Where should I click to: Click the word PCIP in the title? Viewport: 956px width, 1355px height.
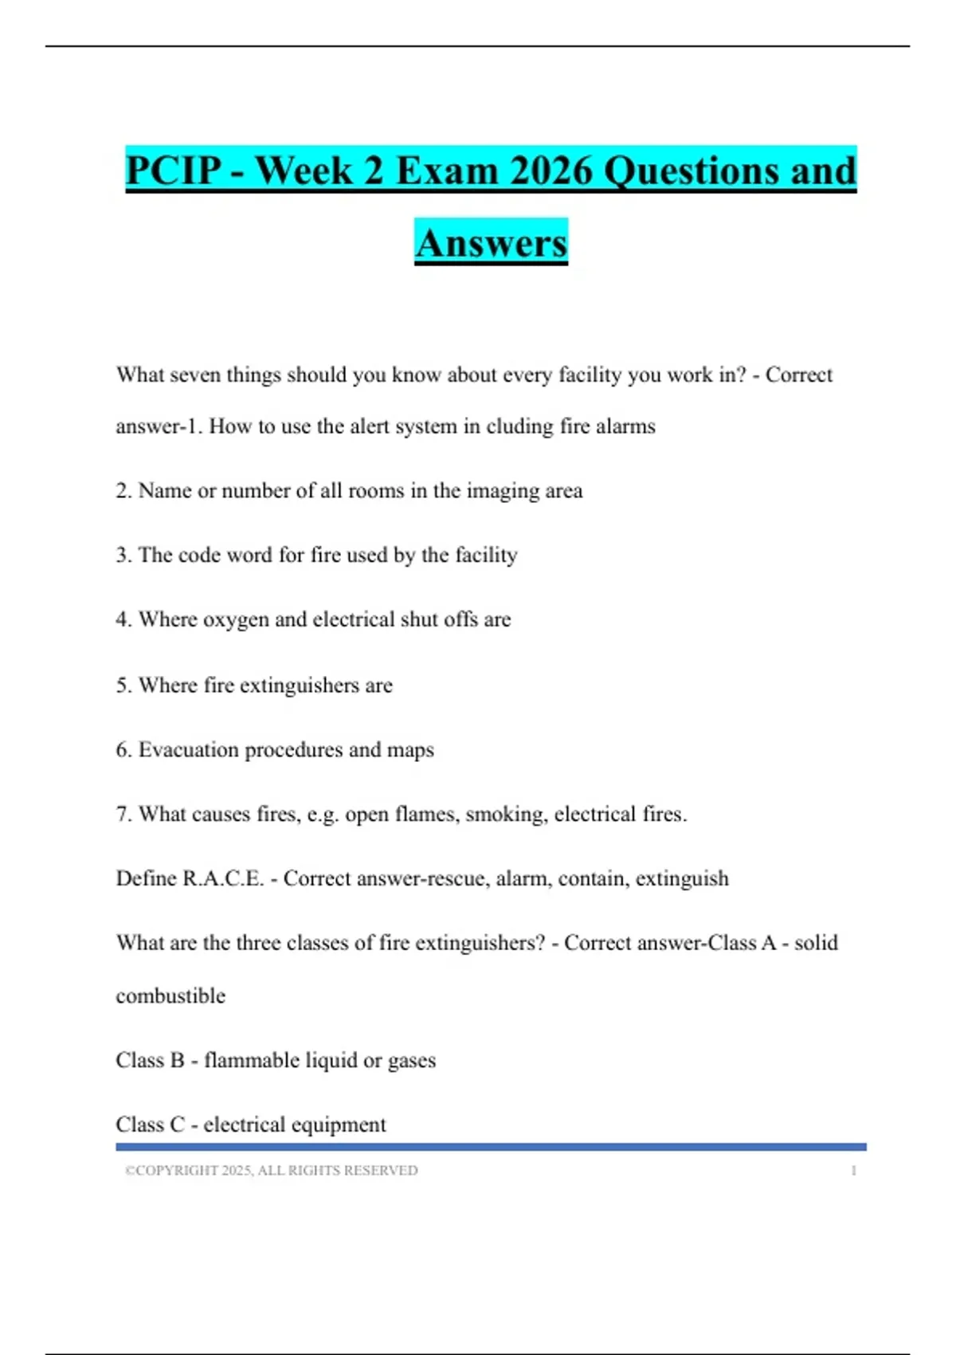pyautogui.click(x=174, y=171)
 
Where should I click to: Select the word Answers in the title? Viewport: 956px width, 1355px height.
pyautogui.click(x=491, y=243)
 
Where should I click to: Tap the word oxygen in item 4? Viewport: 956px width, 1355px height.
pyautogui.click(x=236, y=620)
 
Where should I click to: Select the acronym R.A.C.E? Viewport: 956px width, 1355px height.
pyautogui.click(x=223, y=878)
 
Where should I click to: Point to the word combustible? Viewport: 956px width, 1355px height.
pyautogui.click(x=170, y=996)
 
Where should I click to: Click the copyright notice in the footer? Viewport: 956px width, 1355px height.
pyautogui.click(x=271, y=1170)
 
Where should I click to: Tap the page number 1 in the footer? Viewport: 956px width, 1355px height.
pyautogui.click(x=853, y=1170)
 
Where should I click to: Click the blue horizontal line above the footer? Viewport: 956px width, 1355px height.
pyautogui.click(x=491, y=1147)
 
